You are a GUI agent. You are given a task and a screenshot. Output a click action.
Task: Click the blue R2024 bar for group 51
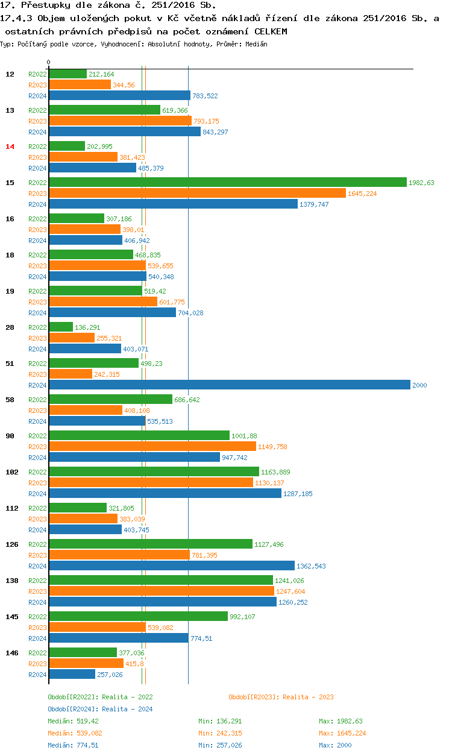pos(229,385)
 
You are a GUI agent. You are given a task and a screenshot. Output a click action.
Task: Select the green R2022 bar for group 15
pos(228,182)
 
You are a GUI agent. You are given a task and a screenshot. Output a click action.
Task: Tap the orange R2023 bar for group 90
pos(152,446)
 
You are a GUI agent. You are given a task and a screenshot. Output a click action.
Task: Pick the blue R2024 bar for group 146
pos(72,674)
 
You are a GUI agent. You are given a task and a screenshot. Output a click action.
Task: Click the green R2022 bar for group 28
pos(61,327)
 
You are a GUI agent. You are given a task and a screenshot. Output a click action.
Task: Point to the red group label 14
pos(10,146)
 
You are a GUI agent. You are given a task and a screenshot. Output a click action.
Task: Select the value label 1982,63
pos(421,183)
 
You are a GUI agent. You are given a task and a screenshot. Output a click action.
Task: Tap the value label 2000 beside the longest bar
pos(419,385)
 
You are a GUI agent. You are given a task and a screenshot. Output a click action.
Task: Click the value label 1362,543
pos(312,566)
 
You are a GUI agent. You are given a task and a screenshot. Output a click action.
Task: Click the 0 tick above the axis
pos(49,62)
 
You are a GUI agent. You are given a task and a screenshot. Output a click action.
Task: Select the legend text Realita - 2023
pos(308,697)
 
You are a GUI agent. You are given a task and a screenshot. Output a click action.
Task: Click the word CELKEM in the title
pos(271,31)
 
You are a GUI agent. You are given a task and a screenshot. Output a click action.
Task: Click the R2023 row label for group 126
pos(37,555)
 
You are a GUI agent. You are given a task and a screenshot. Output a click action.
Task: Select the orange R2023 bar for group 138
pos(162,591)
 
